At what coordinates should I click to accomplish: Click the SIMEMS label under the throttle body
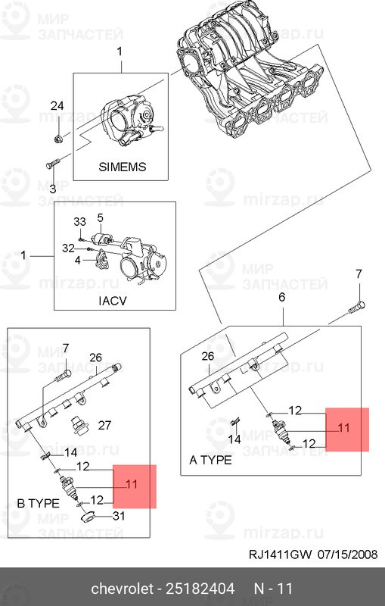pos(123,167)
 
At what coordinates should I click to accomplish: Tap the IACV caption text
pos(112,301)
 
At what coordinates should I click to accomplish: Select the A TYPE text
pos(210,460)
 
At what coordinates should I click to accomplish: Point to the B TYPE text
pos(38,503)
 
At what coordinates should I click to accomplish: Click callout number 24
pos(57,105)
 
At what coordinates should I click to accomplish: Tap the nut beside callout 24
pos(58,139)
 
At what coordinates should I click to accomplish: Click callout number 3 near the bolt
pos(53,189)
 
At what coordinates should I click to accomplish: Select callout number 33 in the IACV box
pos(79,222)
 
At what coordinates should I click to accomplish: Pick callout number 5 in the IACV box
pos(101,218)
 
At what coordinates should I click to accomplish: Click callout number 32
pos(68,248)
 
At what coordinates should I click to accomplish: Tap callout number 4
pos(78,260)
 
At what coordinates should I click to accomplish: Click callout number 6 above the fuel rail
pos(282,297)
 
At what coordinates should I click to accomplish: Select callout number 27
pos(104,425)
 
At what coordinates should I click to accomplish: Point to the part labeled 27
pos(79,426)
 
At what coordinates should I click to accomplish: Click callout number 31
pos(119,516)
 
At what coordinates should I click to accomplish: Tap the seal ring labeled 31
pos(89,517)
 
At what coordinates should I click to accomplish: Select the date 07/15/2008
pos(348,554)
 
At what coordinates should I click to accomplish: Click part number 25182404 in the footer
pos(200,589)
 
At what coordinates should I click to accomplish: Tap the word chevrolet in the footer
pos(122,589)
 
